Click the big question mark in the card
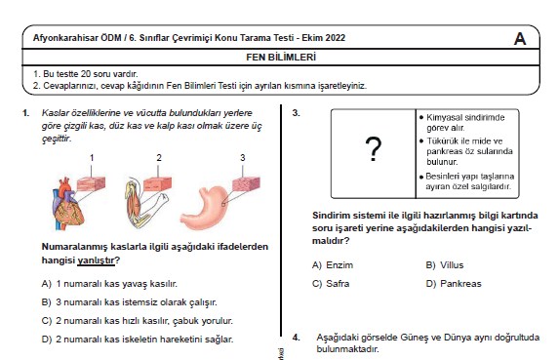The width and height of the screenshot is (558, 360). (x=372, y=149)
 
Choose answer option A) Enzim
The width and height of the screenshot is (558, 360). (x=332, y=264)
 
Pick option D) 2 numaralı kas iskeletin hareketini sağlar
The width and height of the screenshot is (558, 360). (x=144, y=339)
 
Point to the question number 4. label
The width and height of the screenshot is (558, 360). (x=297, y=337)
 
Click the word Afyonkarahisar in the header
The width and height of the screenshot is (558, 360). (x=65, y=38)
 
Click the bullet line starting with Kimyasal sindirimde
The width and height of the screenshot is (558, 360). (x=466, y=121)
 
